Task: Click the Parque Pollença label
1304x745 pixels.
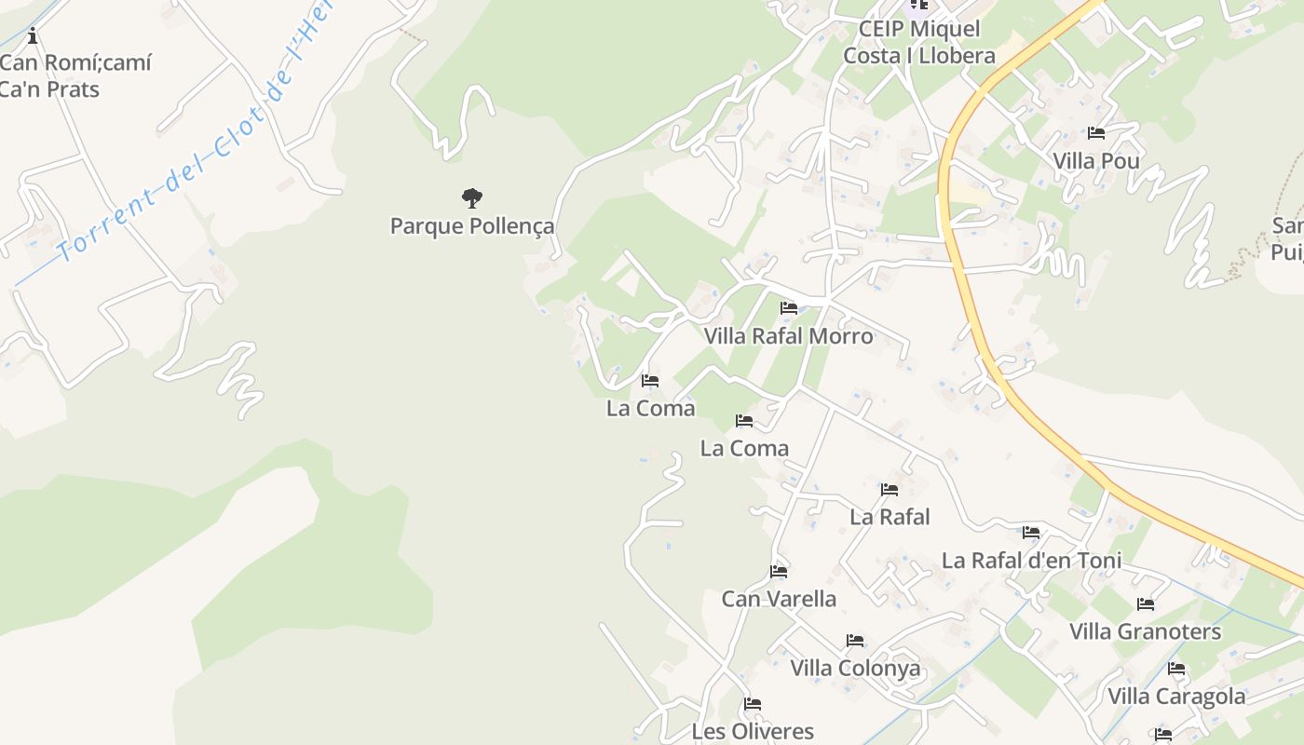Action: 471,226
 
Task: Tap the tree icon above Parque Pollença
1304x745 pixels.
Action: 472,197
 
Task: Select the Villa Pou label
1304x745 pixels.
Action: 1095,161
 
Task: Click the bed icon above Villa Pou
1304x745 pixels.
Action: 1096,133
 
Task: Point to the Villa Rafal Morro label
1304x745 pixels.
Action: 788,336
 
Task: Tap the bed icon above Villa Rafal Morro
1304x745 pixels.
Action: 789,307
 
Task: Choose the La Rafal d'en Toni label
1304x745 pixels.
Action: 1031,561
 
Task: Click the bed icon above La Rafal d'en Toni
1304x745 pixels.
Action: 1031,533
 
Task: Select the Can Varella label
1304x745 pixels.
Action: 779,599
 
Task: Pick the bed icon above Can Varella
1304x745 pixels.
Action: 779,571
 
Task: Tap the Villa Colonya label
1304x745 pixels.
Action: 855,669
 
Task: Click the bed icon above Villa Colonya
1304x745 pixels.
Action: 855,641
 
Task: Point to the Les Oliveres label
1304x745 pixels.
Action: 753,732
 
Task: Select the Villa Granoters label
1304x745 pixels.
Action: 1145,632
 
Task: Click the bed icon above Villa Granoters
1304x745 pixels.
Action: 1146,604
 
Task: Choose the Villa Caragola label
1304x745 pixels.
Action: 1175,697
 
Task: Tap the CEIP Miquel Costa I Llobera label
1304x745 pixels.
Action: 918,42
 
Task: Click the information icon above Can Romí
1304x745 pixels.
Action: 33,36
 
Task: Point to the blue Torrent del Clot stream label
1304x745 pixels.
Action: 186,140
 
